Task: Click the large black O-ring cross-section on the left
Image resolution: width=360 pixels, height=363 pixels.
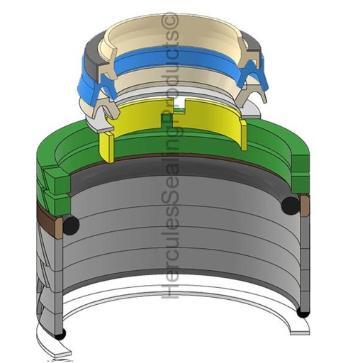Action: [71, 225]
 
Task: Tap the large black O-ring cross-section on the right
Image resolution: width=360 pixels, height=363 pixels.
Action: [291, 206]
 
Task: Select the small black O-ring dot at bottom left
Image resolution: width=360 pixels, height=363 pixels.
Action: [61, 335]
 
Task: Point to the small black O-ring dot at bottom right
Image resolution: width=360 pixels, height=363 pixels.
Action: [303, 313]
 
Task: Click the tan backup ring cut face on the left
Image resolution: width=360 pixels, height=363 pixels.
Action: [59, 228]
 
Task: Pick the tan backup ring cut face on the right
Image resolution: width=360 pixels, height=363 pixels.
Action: [305, 206]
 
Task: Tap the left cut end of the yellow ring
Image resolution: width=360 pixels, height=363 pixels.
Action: [106, 147]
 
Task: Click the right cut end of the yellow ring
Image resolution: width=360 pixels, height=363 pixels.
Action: [244, 134]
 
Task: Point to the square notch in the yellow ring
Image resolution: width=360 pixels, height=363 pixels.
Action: [180, 104]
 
